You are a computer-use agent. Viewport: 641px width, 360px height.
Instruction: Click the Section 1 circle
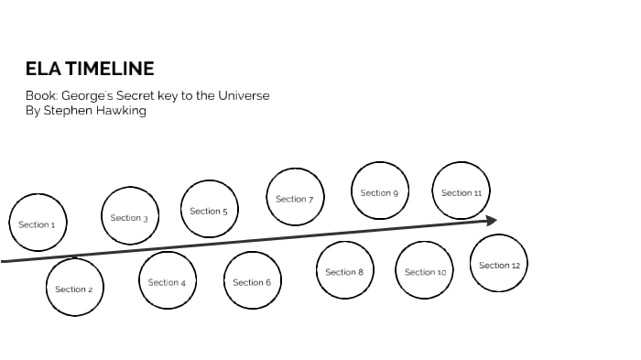point(38,224)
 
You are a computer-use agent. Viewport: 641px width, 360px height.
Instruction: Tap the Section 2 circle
point(74,289)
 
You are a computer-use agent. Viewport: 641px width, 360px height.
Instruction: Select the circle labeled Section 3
point(129,217)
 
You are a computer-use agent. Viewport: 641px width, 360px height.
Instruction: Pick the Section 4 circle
point(168,281)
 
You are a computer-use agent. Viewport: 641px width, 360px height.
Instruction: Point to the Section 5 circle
point(209,210)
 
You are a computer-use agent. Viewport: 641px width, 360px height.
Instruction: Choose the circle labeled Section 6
point(252,281)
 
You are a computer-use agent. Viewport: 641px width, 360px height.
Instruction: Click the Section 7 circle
point(295,198)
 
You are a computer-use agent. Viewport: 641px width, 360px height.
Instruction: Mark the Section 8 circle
point(344,271)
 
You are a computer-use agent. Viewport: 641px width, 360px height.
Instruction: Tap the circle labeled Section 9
point(379,191)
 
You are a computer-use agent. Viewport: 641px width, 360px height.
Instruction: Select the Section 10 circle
point(425,271)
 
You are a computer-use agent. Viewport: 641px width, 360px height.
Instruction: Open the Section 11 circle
point(461,191)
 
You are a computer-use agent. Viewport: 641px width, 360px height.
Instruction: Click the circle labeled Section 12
point(499,264)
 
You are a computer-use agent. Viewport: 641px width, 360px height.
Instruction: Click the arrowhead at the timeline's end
point(491,220)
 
